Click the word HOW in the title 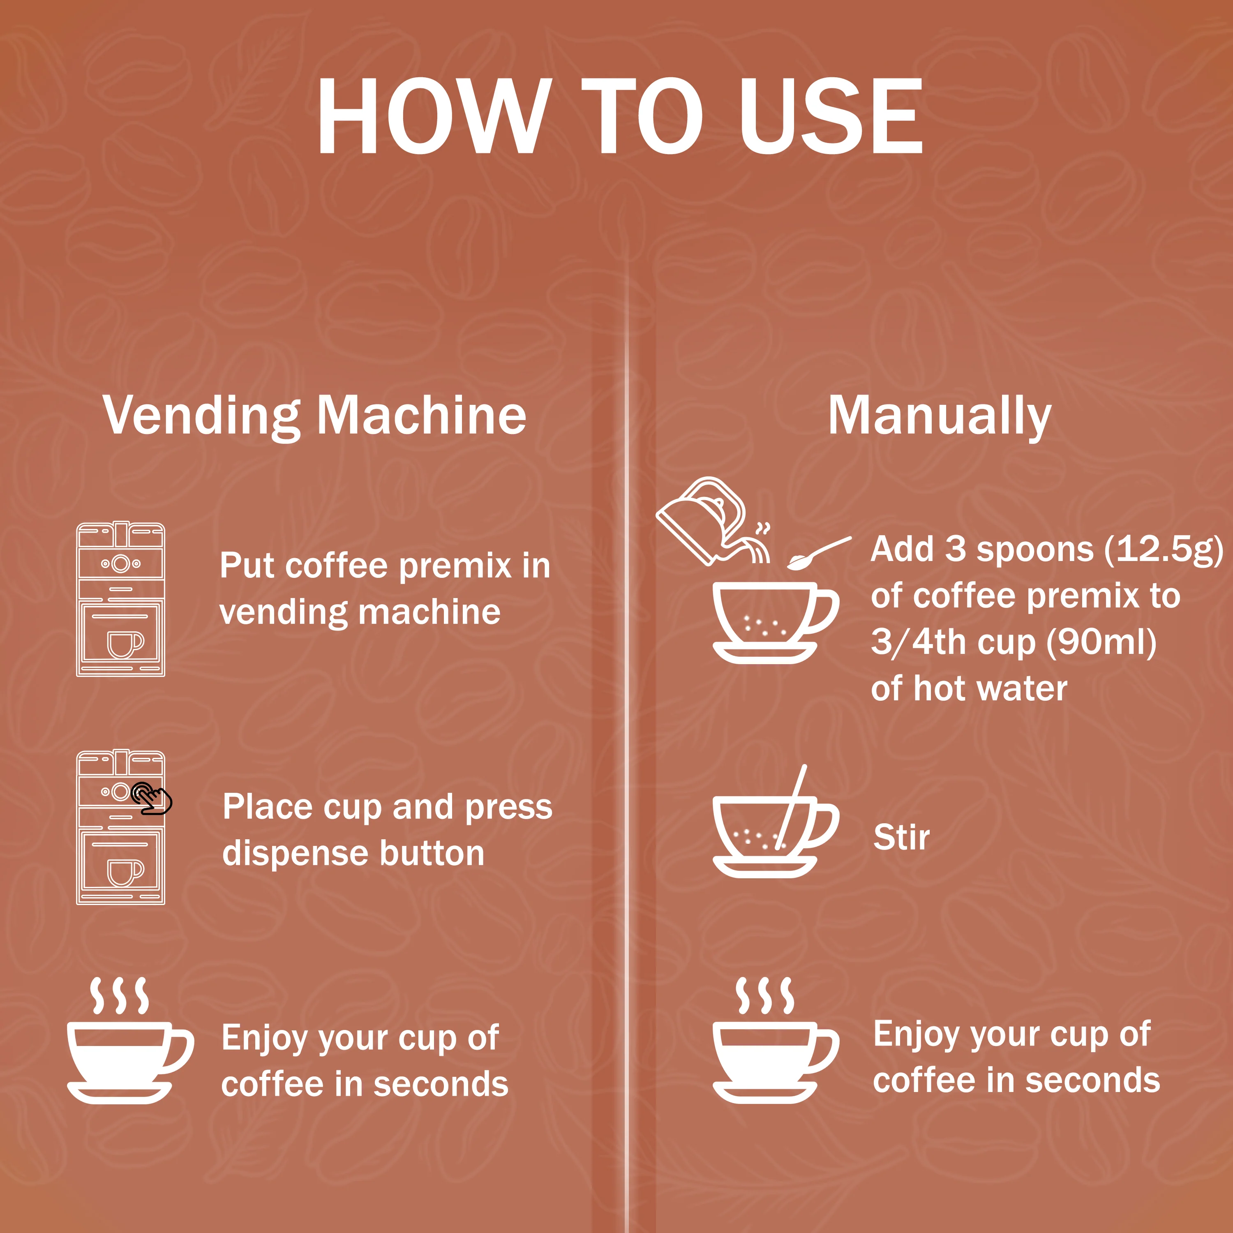pos(434,116)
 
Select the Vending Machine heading pos(315,416)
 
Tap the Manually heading pos(940,416)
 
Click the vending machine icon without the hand pos(120,599)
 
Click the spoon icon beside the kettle pos(818,553)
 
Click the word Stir pos(901,837)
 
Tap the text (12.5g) pos(1164,550)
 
